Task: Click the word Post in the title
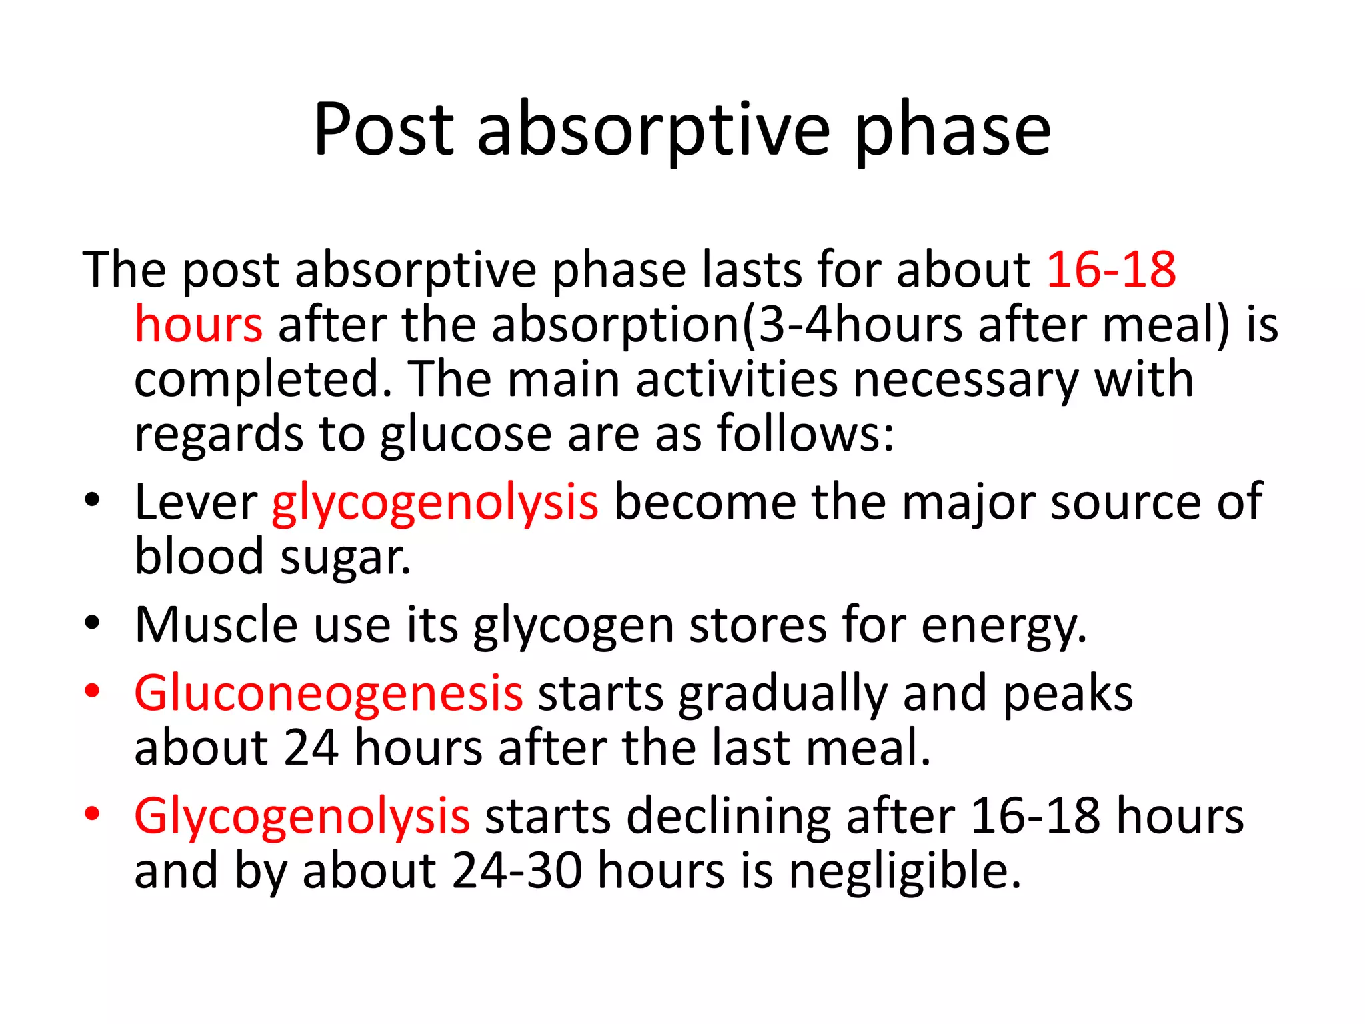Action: [383, 130]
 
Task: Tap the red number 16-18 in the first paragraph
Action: [1111, 270]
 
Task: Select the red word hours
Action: [199, 325]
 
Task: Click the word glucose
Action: [465, 435]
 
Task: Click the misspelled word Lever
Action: [195, 502]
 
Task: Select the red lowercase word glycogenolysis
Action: [435, 503]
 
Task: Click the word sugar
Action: [345, 558]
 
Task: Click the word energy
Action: [1004, 627]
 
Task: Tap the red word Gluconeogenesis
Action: [328, 693]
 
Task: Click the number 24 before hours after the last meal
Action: [311, 748]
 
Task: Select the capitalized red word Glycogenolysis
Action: [301, 817]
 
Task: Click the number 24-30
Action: [517, 871]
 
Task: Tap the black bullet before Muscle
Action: [92, 623]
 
